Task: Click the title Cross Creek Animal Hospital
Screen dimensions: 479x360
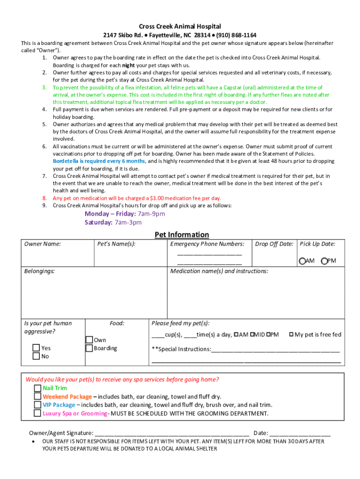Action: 180,27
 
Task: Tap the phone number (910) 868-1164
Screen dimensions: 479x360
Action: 236,36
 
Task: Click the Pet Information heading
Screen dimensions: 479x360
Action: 182,234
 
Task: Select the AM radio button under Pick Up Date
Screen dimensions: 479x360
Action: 302,261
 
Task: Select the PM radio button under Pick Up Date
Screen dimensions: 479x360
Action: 324,261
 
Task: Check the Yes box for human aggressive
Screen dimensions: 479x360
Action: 36,348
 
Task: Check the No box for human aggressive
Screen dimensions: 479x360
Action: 36,356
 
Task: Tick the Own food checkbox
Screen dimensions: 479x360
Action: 89,340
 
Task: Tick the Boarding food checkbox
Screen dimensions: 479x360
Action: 89,348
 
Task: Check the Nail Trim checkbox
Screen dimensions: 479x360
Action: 37,388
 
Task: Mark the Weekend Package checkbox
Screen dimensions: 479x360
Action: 37,397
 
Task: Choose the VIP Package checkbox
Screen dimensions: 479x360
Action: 37,405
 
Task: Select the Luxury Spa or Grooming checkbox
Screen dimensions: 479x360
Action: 37,414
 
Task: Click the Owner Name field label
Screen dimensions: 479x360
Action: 43,244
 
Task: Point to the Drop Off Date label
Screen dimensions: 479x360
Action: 274,244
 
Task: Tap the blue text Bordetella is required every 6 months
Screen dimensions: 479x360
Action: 99,161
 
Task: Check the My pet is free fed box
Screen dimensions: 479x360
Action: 291,334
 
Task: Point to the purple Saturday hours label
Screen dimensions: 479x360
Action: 98,222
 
